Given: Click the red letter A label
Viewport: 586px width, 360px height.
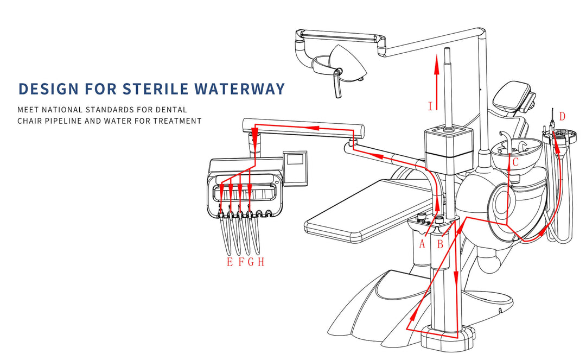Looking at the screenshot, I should point(422,244).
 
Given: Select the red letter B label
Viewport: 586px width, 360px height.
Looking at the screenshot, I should point(440,244).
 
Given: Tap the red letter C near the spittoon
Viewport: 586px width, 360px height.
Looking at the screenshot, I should point(515,162).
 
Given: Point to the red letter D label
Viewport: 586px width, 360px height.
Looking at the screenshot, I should point(562,116).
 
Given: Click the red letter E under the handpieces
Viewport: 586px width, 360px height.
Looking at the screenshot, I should point(230,262).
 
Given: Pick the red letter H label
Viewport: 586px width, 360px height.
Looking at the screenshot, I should point(261,262).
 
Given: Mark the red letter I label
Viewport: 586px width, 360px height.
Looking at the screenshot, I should point(430,106).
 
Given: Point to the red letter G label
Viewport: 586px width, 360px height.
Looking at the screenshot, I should point(251,262).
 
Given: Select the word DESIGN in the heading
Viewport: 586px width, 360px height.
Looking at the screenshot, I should point(46,89).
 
